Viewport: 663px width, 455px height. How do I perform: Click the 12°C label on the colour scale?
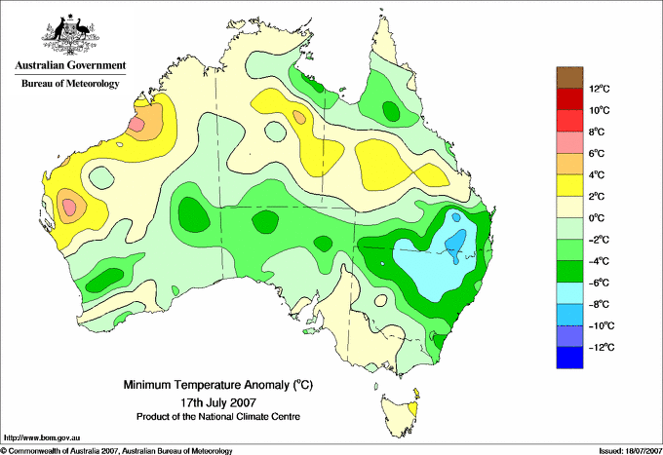600,89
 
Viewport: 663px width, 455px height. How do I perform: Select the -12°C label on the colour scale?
602,347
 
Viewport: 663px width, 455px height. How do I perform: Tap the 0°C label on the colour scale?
597,218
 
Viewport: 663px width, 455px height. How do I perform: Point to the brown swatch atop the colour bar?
569,77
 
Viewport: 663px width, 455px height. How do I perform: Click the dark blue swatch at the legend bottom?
569,358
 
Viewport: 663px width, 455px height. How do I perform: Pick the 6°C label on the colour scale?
597,153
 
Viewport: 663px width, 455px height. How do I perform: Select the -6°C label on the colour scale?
600,283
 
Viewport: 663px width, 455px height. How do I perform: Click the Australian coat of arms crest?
70,34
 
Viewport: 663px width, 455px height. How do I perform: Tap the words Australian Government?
70,65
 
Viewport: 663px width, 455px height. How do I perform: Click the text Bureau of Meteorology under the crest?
70,83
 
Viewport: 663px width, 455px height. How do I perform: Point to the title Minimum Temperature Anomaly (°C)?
217,385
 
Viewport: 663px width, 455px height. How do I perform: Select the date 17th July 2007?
218,401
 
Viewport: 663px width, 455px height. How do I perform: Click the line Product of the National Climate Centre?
218,417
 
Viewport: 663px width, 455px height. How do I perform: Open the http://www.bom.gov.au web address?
41,438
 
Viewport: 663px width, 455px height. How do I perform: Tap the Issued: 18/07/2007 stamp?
630,451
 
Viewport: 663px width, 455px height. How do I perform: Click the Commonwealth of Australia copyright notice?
117,451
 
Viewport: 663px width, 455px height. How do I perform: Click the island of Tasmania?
400,416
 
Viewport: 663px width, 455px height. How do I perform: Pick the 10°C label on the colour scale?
600,110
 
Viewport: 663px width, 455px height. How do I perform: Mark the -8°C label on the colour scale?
600,304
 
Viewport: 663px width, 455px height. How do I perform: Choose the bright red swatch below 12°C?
569,121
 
